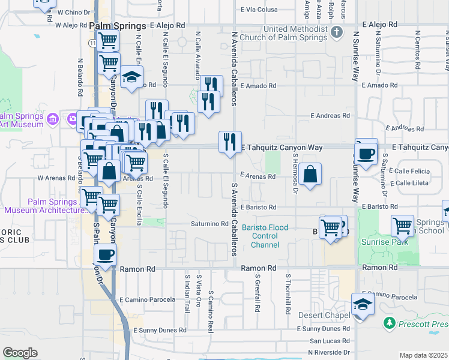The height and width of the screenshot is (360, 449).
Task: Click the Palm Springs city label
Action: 118,26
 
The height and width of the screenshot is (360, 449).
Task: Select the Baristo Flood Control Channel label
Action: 265,236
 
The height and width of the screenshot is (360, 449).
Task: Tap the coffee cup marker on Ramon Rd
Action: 106,254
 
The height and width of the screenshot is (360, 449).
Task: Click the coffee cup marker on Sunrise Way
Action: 366,152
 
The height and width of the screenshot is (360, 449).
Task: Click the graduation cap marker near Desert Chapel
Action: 362,305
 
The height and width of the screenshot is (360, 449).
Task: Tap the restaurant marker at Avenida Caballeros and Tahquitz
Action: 230,142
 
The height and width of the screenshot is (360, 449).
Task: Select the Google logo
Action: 20,353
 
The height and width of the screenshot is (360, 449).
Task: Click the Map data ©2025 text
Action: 423,355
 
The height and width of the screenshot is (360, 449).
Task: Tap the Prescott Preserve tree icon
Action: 389,324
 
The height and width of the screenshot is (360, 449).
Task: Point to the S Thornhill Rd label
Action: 288,293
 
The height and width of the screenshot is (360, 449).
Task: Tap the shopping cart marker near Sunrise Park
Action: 402,226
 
